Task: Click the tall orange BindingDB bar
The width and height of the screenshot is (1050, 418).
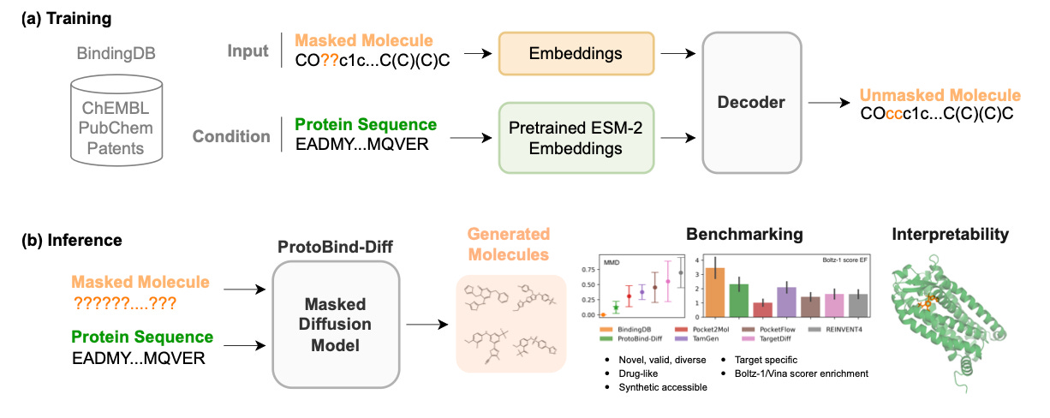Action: pos(716,291)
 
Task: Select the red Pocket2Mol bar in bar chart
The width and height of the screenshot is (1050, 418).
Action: pos(762,308)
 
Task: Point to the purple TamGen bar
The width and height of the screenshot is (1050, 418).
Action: pos(786,301)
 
